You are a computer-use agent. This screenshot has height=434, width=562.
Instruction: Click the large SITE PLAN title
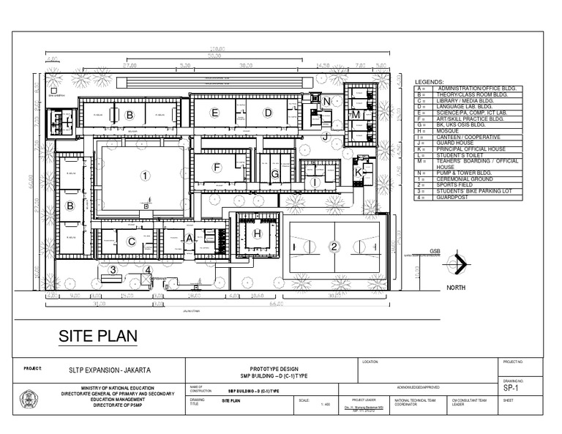coord(98,336)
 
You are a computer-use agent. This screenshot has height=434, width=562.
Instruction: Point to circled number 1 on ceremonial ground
coord(145,175)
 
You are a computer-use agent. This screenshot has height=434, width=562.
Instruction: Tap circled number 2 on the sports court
coord(334,246)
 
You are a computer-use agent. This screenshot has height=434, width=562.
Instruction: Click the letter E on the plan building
coord(214,112)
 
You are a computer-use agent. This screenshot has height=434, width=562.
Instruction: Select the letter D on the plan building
coord(269,112)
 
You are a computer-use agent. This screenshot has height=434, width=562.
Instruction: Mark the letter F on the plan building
coord(217,168)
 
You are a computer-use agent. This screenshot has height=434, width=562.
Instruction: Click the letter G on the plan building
coord(274,174)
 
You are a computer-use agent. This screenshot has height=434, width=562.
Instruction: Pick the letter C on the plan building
coord(132,241)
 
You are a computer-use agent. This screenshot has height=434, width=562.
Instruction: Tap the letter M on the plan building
coord(356,115)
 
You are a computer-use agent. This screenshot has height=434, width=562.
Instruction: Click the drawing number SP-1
coord(512,389)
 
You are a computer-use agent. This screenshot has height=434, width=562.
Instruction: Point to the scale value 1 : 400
coord(325,403)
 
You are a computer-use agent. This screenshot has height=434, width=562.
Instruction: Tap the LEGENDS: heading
coord(430,82)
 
